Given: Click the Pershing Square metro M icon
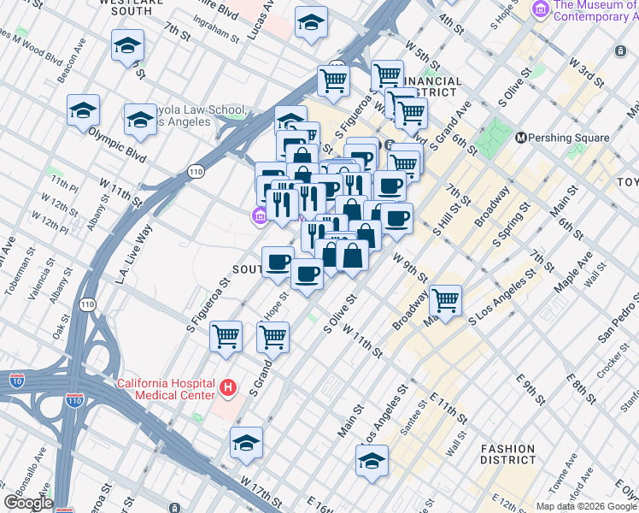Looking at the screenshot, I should click(521, 138).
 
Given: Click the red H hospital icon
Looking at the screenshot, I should click(227, 389).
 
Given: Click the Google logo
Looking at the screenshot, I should click(28, 502).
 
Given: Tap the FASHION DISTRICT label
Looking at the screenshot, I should click(507, 455).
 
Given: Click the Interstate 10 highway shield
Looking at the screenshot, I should click(16, 379).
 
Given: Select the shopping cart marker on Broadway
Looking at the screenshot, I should click(445, 300).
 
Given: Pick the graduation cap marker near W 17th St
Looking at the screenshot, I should click(246, 442).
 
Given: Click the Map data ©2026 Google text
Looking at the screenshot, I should click(586, 506).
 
